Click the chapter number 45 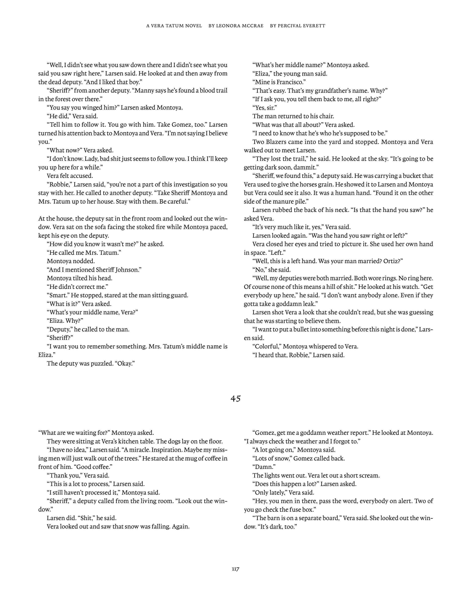pos(236,398)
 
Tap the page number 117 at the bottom pos(236,569)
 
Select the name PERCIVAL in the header pos(292,26)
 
